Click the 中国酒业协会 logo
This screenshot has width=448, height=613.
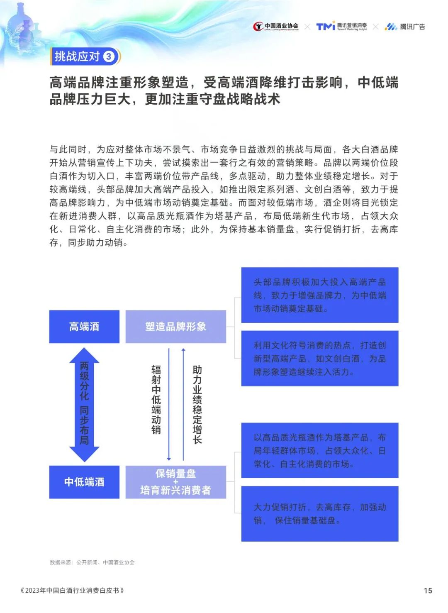[276, 27]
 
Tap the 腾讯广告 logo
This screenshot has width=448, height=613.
[405, 27]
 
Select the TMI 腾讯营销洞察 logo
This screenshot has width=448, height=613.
[341, 27]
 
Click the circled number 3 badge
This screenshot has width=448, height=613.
[109, 56]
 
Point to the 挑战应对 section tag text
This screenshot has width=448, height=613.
[77, 56]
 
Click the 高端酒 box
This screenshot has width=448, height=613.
[84, 327]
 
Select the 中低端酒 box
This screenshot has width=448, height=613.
[84, 482]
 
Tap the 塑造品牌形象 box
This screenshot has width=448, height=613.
[176, 327]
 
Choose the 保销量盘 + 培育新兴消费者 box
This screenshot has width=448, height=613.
[176, 482]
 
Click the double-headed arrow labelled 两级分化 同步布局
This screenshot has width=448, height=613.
[84, 404]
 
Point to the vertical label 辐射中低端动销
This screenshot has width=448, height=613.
[156, 399]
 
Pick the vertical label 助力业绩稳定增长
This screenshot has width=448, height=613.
[197, 404]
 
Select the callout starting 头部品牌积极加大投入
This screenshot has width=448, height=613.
[320, 295]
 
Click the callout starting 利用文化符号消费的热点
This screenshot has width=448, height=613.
[320, 358]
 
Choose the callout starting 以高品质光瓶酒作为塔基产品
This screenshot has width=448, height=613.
[320, 450]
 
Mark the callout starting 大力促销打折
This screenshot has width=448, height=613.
[320, 513]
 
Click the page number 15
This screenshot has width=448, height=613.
[428, 591]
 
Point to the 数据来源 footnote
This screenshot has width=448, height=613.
[92, 562]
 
